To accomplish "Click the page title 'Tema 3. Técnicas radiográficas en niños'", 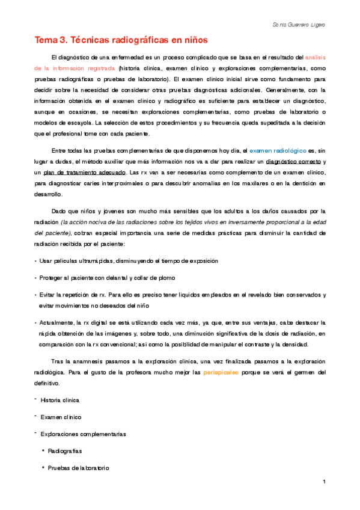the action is [x=120, y=40].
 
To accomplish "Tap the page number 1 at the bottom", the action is [x=324, y=482].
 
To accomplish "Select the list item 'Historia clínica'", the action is [x=59, y=400].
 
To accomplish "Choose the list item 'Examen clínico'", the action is [x=60, y=417].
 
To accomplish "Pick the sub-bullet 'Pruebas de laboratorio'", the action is [x=78, y=467].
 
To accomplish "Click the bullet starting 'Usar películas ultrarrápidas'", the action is [x=120, y=261].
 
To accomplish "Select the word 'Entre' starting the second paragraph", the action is [x=60, y=151].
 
